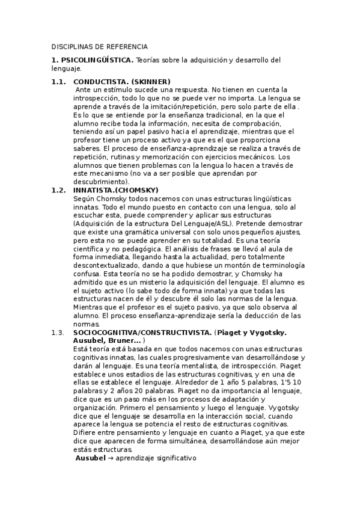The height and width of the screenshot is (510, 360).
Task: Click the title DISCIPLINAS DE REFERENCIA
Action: (99, 46)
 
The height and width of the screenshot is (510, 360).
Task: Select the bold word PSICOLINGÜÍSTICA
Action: (97, 60)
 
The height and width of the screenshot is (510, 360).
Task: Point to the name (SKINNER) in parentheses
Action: (150, 82)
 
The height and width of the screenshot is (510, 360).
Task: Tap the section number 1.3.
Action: (58, 333)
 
